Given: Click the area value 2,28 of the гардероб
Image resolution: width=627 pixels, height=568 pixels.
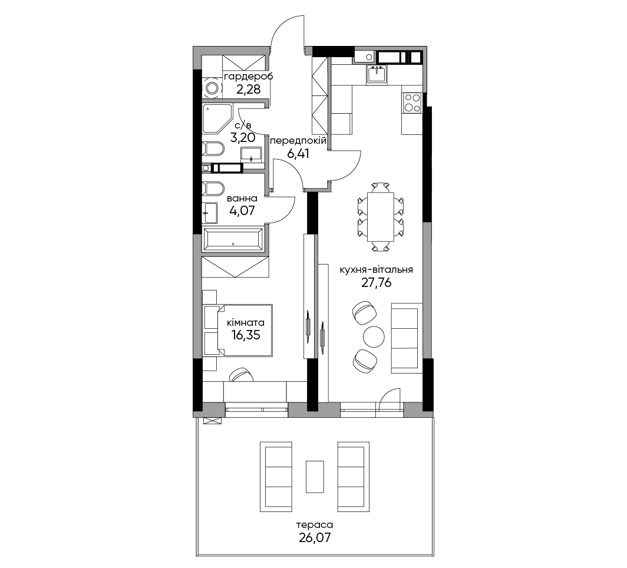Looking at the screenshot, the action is pyautogui.click(x=248, y=89).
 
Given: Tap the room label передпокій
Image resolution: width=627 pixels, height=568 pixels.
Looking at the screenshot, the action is pyautogui.click(x=298, y=141).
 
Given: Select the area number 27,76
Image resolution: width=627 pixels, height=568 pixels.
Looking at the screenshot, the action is pyautogui.click(x=377, y=283).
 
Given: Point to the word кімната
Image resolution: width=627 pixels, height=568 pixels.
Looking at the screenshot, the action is pyautogui.click(x=246, y=322).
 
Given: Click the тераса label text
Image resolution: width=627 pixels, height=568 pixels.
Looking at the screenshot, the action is pyautogui.click(x=315, y=524).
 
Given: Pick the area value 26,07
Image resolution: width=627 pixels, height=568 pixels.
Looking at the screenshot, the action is pyautogui.click(x=315, y=537).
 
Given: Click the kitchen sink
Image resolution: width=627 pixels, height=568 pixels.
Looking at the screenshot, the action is pyautogui.click(x=377, y=74).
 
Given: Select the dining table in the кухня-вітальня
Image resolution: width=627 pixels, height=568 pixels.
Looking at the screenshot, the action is pyautogui.click(x=380, y=217).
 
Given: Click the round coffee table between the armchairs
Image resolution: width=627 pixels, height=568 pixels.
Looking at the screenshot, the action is pyautogui.click(x=374, y=336).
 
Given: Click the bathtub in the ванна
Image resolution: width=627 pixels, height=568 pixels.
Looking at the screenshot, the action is pyautogui.click(x=233, y=239).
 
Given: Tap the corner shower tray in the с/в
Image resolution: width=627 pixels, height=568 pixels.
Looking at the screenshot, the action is pyautogui.click(x=217, y=118).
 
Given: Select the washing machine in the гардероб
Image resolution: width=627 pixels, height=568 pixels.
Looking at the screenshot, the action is pyautogui.click(x=212, y=88).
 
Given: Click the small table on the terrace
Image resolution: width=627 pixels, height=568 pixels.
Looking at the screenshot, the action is pyautogui.click(x=315, y=477).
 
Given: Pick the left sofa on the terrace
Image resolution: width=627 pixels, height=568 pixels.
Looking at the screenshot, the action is pyautogui.click(x=276, y=477).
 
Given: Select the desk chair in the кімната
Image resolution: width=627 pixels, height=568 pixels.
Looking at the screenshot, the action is pyautogui.click(x=241, y=375).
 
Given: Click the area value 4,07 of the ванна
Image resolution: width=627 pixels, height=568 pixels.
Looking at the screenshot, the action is pyautogui.click(x=242, y=210).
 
